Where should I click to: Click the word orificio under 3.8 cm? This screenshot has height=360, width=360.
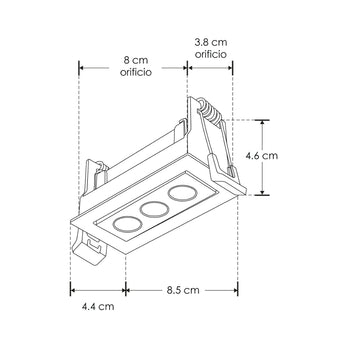[x=211, y=56]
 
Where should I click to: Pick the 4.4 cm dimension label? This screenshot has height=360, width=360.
[x=97, y=307]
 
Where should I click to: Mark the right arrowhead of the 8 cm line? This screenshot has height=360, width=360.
[x=186, y=69]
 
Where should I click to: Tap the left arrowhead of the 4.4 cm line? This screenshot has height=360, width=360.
[x=73, y=289]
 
